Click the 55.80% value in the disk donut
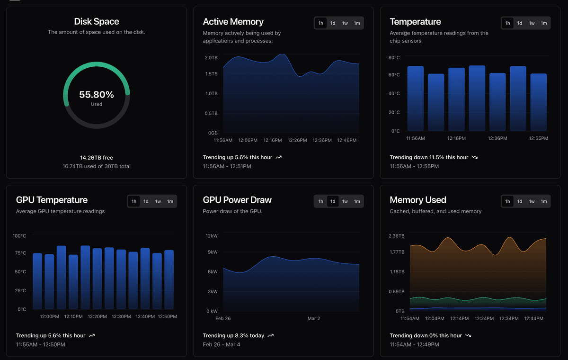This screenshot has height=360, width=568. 97,94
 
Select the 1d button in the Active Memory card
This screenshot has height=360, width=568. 333,23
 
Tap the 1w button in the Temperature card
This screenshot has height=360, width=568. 532,23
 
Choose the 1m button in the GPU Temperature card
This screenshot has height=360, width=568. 170,201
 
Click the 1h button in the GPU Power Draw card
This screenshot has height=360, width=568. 321,201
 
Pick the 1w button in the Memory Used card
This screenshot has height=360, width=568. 532,201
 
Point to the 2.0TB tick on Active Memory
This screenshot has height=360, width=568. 211,58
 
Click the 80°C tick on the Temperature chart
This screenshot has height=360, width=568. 394,58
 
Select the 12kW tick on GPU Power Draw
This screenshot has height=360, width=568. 211,236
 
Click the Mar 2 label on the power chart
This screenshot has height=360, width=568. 314,318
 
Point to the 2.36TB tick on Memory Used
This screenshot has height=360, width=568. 397,236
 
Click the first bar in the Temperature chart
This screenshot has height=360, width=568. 416,99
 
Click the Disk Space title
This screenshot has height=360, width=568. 97,22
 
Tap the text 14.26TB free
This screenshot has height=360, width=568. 97,158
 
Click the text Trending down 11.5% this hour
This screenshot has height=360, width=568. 429,157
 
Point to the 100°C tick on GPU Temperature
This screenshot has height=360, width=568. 19,236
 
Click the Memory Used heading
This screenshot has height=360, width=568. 418,200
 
